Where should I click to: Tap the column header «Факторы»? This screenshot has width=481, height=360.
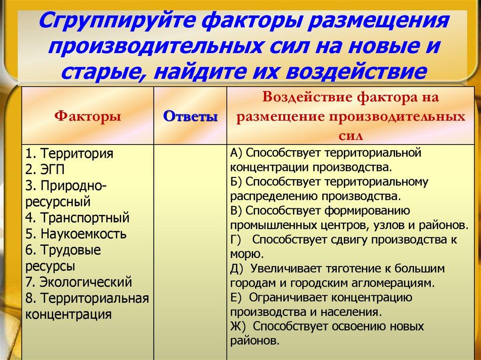click(x=87, y=116)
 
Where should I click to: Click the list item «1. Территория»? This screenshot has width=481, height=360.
click(x=70, y=153)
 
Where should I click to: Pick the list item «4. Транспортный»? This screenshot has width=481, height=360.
click(x=78, y=218)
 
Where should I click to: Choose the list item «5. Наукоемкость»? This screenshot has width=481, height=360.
click(x=76, y=234)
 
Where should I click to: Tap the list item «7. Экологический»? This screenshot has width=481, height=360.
click(x=78, y=282)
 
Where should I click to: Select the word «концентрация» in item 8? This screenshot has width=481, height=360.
click(x=69, y=314)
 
